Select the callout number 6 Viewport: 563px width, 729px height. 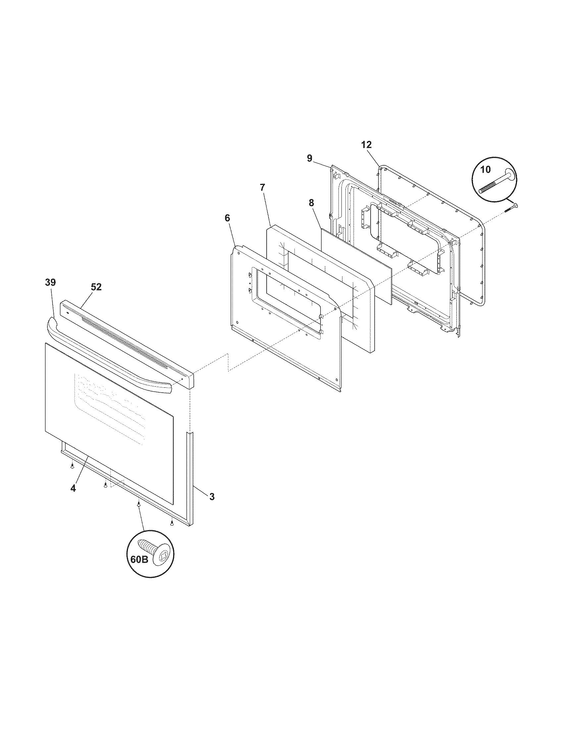pyautogui.click(x=227, y=218)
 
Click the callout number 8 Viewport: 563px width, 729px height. pyautogui.click(x=311, y=202)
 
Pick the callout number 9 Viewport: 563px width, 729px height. pyautogui.click(x=310, y=158)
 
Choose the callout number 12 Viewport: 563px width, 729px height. pyautogui.click(x=366, y=145)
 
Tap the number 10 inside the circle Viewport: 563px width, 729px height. pyautogui.click(x=486, y=170)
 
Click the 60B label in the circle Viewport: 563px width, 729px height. pyautogui.click(x=139, y=559)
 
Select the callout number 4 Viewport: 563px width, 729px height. pyautogui.click(x=73, y=488)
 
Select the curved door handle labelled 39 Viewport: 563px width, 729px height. pyautogui.click(x=110, y=357)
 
